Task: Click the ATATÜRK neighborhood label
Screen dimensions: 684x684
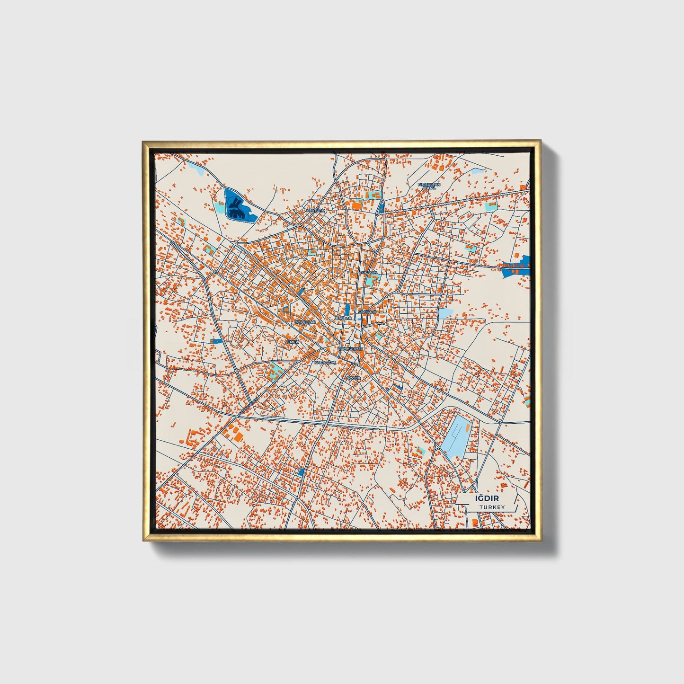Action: (316, 210)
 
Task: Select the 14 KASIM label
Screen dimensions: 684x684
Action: (369, 273)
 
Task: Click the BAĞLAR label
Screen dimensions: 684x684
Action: (344, 318)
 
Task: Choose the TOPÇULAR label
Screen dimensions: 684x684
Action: (305, 322)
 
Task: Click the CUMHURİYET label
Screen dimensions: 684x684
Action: (350, 348)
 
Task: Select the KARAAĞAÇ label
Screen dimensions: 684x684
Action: (325, 362)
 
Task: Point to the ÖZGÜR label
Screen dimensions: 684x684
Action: (354, 379)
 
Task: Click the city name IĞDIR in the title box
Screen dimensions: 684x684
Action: (487, 498)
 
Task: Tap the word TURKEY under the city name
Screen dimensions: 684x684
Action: (492, 507)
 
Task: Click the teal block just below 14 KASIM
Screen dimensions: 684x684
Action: (369, 282)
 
